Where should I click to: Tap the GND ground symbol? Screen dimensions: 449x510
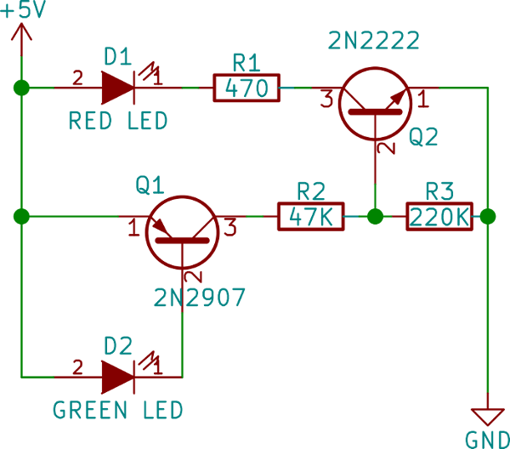pos(488,416)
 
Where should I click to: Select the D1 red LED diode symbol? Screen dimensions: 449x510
pos(118,87)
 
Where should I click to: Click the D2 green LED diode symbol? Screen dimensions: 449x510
pos(118,376)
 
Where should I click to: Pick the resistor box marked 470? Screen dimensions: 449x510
pos(246,88)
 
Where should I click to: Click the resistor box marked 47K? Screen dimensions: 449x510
pos(310,217)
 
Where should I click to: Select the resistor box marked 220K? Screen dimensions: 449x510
pos(439,217)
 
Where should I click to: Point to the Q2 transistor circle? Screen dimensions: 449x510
pos(375,102)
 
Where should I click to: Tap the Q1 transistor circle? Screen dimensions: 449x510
pos(182,232)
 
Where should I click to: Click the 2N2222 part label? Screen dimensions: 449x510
pos(374,40)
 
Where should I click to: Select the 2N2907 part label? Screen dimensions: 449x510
pos(200,298)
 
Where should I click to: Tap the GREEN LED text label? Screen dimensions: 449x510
pos(118,411)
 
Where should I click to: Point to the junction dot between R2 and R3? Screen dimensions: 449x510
pos(375,217)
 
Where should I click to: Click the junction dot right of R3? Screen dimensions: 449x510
pos(487,217)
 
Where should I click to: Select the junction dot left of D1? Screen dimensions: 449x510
pos(22,87)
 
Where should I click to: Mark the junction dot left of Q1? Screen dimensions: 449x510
pos(22,217)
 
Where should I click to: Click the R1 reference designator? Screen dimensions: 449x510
pos(246,60)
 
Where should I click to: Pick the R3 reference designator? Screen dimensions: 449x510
pos(439,190)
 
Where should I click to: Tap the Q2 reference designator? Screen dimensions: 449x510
pos(422,137)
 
